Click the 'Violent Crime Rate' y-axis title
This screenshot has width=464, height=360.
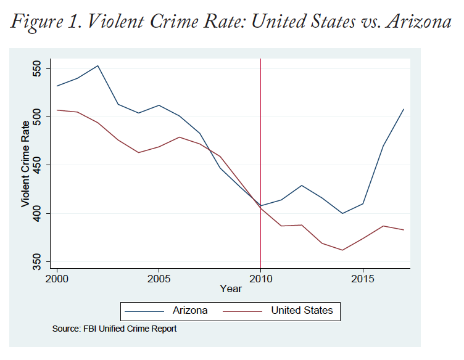pyautogui.click(x=25, y=165)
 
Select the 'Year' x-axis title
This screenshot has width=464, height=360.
pyautogui.click(x=231, y=288)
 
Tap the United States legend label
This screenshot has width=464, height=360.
pyautogui.click(x=302, y=310)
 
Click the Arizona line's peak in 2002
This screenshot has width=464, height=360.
pyautogui.click(x=98, y=65)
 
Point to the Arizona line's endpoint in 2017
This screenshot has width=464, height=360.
pyautogui.click(x=404, y=109)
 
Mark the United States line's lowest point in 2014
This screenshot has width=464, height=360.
pyautogui.click(x=342, y=250)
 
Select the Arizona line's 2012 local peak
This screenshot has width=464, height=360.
pyautogui.click(x=302, y=186)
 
